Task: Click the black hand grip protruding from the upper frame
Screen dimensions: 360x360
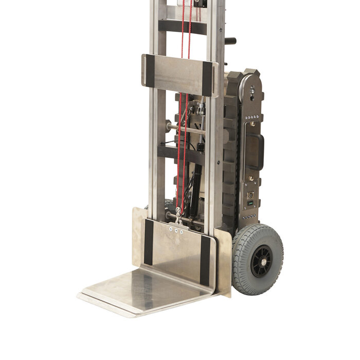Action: [x=231, y=41]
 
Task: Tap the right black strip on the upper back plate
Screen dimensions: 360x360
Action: [x=207, y=78]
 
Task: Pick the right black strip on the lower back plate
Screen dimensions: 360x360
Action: [x=205, y=260]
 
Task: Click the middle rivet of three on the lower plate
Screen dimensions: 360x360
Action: [x=176, y=231]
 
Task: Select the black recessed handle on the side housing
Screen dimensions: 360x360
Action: [x=254, y=152]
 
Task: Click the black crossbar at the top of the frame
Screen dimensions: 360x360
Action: [x=183, y=26]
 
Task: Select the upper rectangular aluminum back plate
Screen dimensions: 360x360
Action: [x=178, y=75]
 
